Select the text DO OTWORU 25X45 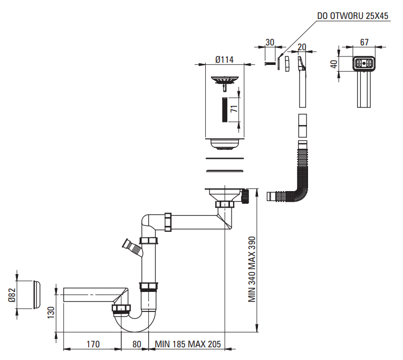(352, 16)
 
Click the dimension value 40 (332, 64)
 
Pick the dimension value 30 (270, 42)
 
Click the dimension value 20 (302, 46)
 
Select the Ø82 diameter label (12, 294)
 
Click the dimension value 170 (93, 345)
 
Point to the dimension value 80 (137, 345)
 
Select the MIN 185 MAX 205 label (188, 345)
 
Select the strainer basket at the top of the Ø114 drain (225, 81)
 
